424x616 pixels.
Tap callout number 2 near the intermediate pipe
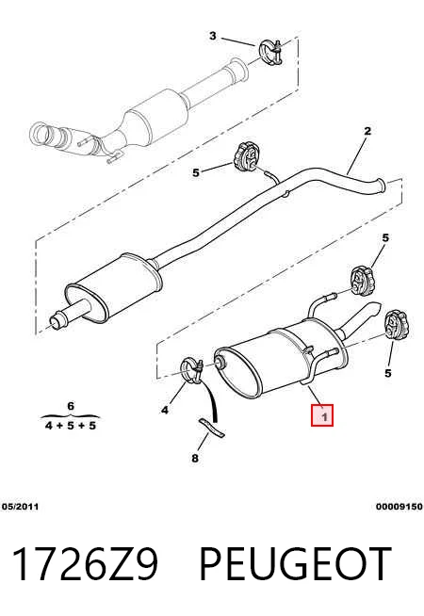pyautogui.click(x=367, y=131)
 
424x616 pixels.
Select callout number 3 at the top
pyautogui.click(x=213, y=36)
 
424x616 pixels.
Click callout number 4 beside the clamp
pyautogui.click(x=165, y=410)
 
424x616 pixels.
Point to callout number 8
pyautogui.click(x=195, y=458)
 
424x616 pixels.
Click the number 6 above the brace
pyautogui.click(x=71, y=406)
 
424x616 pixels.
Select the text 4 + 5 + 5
pyautogui.click(x=71, y=426)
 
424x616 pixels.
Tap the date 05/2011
pyautogui.click(x=21, y=507)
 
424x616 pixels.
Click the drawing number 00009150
pyautogui.click(x=400, y=507)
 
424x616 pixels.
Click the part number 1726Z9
pyautogui.click(x=86, y=564)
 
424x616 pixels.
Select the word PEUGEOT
pyautogui.click(x=296, y=564)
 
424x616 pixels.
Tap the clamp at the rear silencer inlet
pyautogui.click(x=192, y=370)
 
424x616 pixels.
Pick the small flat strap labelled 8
pyautogui.click(x=211, y=428)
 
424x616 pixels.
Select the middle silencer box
pyautogui.click(x=114, y=289)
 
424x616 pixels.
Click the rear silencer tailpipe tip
pyautogui.click(x=374, y=308)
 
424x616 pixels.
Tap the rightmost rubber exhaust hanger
pyautogui.click(x=397, y=325)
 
